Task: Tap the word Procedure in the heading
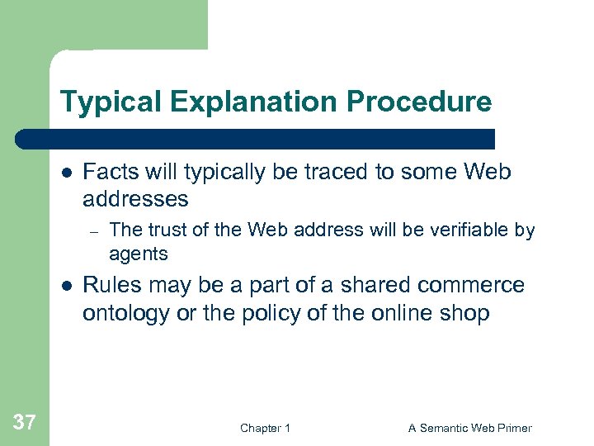(419, 102)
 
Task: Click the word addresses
(135, 199)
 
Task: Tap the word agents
(139, 253)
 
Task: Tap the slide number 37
(25, 423)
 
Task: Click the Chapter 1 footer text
(265, 428)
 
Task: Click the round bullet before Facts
(66, 173)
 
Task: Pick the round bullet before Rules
(66, 286)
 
